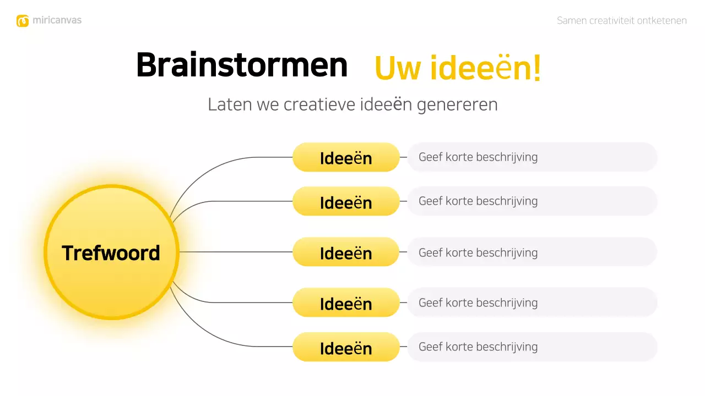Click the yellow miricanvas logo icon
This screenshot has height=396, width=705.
(x=23, y=21)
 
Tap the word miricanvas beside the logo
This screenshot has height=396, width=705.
(x=57, y=20)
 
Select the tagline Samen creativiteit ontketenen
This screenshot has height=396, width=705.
(x=621, y=21)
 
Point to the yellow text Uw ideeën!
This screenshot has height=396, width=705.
(x=457, y=68)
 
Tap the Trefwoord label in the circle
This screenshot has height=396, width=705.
(x=111, y=253)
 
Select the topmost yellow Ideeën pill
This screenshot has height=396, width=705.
(x=346, y=158)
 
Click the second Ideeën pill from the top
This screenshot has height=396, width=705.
(x=346, y=202)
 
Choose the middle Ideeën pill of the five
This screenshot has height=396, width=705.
(x=346, y=252)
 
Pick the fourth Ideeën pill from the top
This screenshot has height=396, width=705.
(x=346, y=303)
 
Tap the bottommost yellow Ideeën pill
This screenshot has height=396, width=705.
(x=346, y=348)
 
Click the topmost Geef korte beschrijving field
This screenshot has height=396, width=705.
(x=532, y=157)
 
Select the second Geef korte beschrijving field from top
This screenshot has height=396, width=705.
(x=532, y=201)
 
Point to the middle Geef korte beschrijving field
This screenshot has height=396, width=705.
(x=532, y=252)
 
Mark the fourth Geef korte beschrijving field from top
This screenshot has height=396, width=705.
(x=532, y=302)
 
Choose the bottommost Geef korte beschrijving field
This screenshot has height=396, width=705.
(x=532, y=347)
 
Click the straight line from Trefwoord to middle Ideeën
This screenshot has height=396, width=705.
(x=237, y=252)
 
